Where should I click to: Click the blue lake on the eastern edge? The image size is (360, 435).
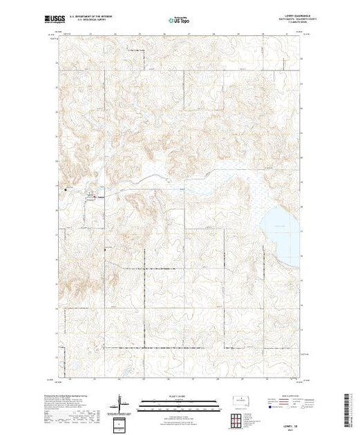pos(283,221)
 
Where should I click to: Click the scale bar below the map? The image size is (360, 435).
pos(182,402)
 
